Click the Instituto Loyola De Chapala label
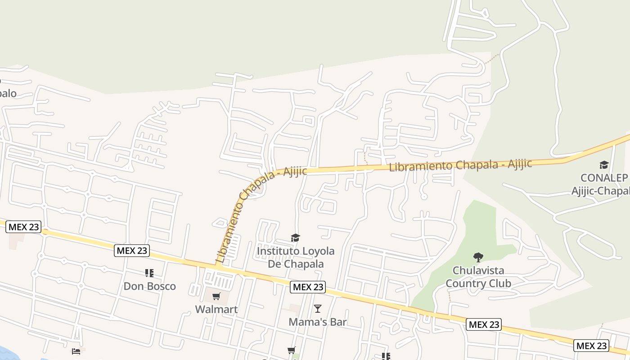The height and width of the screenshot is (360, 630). coord(296,257)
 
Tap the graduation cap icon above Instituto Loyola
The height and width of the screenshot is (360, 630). coord(295,238)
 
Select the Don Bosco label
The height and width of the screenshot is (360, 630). coord(149,286)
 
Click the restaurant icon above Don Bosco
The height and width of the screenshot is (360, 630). coord(149,273)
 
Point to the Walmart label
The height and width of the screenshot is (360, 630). coord(216,309)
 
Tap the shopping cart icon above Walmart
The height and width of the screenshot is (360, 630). coord(216,296)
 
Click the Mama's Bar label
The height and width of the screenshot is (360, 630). coord(318,322)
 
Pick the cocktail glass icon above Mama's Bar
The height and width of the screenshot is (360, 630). coord(318,308)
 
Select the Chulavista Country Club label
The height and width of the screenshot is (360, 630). coord(478,277)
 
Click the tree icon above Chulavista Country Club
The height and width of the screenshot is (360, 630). coord(478,257)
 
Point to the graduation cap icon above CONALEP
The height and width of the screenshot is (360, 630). coord(604,165)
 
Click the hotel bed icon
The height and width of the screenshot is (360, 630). coord(76,351)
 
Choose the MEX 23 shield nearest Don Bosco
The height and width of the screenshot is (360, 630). coord(131,251)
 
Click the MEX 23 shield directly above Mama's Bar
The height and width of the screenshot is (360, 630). coord(307,287)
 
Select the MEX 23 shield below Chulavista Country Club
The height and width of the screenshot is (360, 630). coord(483,324)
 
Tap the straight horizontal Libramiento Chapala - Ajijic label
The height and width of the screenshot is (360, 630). coord(460,165)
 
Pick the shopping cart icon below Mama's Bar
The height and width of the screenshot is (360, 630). coord(291,350)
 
